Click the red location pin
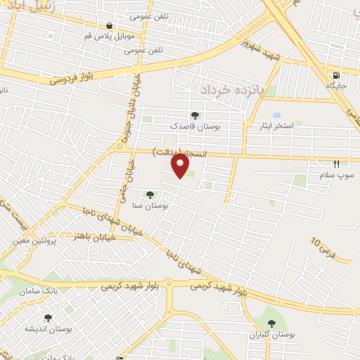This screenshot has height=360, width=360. (x=181, y=167)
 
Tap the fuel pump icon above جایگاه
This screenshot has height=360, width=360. (x=335, y=75)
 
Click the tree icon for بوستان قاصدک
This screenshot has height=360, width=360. (x=195, y=115)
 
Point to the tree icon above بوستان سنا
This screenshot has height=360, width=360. (x=148, y=194)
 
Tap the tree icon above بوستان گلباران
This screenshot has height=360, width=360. (x=271, y=323)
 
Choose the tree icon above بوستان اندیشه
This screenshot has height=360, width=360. (x=48, y=318)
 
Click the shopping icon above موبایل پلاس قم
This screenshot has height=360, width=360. (x=109, y=25)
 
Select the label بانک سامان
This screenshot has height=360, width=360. (x=37, y=290)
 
